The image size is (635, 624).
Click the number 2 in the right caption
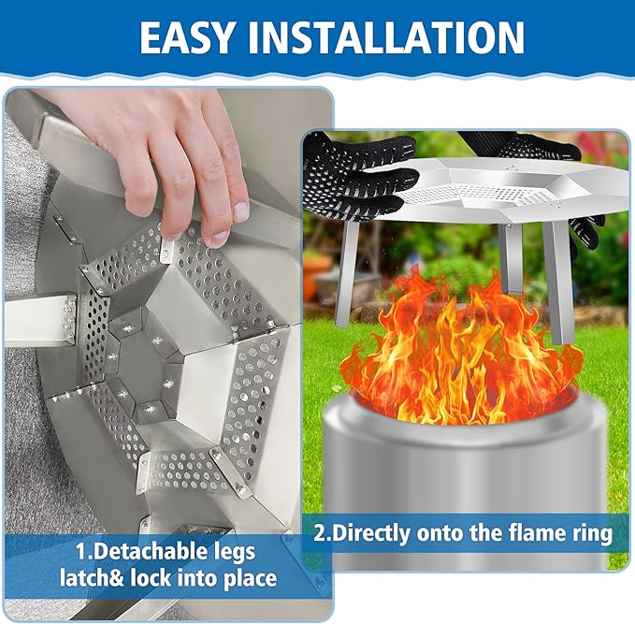(x=321, y=534)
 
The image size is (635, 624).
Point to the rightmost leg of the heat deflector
(x=561, y=281)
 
